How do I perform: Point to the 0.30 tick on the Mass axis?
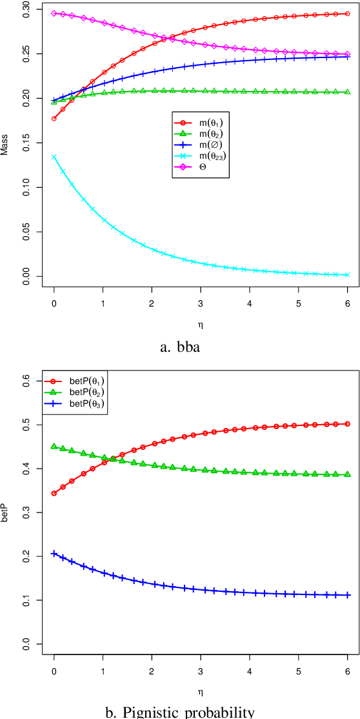(25, 12)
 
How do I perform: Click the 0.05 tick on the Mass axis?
(25, 231)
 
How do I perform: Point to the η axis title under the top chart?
(201, 322)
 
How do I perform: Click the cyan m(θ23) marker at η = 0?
(54, 156)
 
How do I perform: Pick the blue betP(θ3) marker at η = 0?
(54, 554)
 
